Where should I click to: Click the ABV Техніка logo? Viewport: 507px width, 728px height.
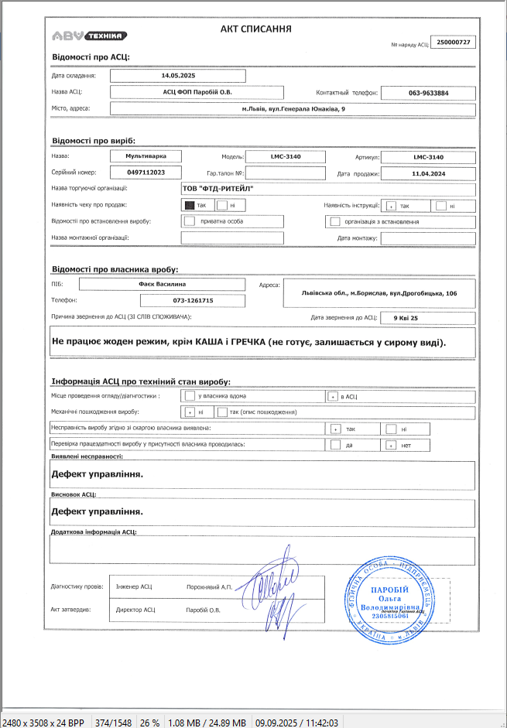coord(90,36)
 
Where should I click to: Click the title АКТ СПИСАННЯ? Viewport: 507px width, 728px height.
coord(255,29)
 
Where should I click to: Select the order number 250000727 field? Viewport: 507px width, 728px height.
coord(454,42)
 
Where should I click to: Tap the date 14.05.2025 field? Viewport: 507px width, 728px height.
coord(178,76)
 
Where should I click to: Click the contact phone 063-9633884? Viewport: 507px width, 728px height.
coord(429,93)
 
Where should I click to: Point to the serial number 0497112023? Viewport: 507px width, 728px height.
coord(145,172)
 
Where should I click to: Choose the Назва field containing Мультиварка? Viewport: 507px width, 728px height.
coord(145,156)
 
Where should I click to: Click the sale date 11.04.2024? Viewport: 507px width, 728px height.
coord(429,173)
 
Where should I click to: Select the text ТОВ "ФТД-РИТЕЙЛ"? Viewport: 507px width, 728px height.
coord(218,189)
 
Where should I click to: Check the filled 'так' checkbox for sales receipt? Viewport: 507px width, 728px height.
coord(190,206)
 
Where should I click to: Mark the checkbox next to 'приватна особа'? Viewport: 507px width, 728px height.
coord(190,222)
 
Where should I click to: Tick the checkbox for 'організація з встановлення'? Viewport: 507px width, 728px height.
coord(335,222)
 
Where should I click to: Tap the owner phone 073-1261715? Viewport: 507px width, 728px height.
coord(193,300)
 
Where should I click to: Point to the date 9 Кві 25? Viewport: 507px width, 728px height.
coord(406,317)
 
